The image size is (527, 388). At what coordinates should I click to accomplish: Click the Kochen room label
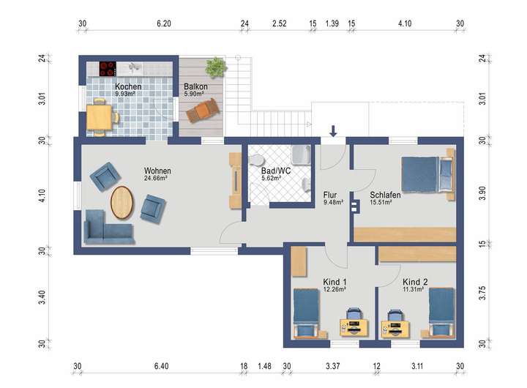click(x=128, y=86)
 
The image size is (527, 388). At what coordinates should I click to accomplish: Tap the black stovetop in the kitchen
click(x=108, y=69)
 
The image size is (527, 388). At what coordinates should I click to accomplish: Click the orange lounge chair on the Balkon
click(x=203, y=110)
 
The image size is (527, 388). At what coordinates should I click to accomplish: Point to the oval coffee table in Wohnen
click(x=122, y=202)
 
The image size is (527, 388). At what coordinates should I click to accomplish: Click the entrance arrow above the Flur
click(x=333, y=131)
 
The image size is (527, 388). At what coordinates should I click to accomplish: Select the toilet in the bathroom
click(x=257, y=160)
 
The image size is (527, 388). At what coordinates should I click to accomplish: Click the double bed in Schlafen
click(x=428, y=175)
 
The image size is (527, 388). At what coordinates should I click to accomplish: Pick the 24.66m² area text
click(x=156, y=178)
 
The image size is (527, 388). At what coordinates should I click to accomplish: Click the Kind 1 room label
click(x=334, y=282)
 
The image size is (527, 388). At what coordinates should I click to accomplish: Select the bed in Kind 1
click(x=307, y=313)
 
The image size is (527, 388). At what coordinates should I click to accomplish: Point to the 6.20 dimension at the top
click(x=164, y=23)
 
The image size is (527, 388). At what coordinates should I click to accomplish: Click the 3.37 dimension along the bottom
click(x=333, y=366)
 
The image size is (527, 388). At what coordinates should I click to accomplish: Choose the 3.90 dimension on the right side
click(x=482, y=193)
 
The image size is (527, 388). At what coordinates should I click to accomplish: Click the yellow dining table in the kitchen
click(x=99, y=117)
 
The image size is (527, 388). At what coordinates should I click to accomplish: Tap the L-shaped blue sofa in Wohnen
click(x=108, y=227)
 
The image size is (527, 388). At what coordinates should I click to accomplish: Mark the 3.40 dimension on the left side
click(x=41, y=297)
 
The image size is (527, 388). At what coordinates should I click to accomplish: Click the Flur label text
click(x=330, y=195)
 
